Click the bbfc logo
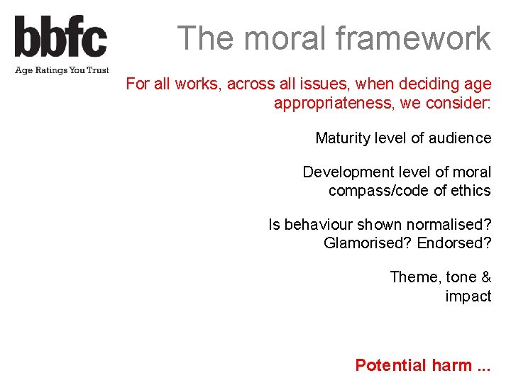(60, 37)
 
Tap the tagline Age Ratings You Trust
(62, 70)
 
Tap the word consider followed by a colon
(461, 104)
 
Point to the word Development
(345, 172)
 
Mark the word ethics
(471, 191)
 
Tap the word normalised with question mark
(440, 225)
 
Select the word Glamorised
(367, 243)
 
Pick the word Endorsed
(454, 243)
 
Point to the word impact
(468, 296)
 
